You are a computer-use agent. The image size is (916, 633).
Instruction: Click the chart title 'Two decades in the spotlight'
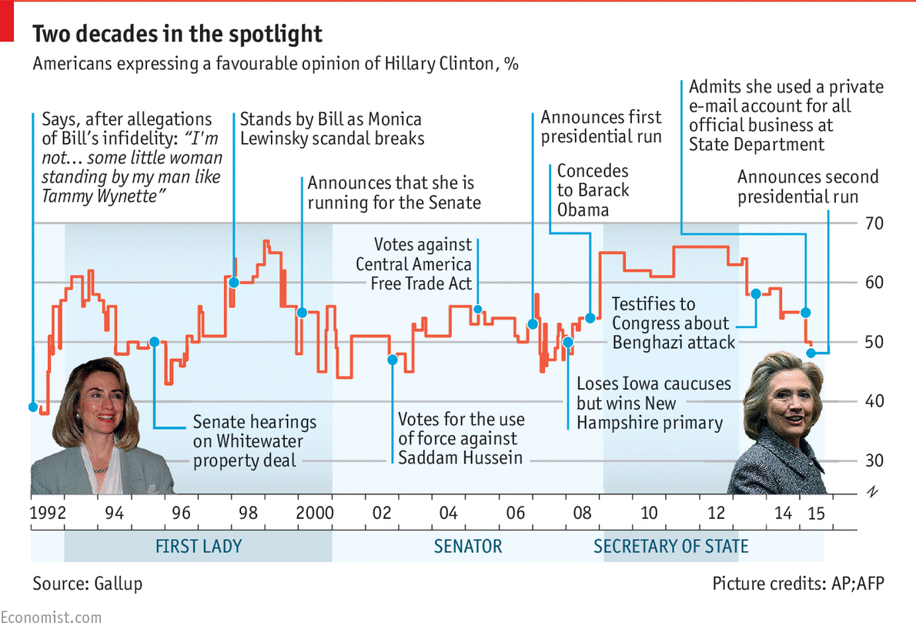(177, 34)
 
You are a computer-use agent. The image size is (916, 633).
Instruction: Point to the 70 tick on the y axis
(871, 224)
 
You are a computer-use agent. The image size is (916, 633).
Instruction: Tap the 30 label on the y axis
(871, 461)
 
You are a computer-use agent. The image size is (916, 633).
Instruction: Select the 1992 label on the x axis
(46, 513)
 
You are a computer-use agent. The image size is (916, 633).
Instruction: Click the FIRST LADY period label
(199, 547)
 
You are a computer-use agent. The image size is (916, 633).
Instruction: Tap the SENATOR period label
(467, 547)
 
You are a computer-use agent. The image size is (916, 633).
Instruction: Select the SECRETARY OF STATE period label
(670, 547)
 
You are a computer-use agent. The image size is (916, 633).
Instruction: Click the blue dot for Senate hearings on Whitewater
(154, 342)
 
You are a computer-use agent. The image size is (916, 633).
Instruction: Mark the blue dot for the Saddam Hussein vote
(392, 360)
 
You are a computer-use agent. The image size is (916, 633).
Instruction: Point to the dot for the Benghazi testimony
(756, 293)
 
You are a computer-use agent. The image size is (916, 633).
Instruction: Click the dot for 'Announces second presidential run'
(811, 353)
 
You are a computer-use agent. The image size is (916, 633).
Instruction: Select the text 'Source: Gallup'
(87, 584)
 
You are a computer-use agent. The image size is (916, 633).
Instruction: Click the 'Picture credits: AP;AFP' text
(798, 584)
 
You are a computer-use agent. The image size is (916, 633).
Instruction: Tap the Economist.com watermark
(51, 618)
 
